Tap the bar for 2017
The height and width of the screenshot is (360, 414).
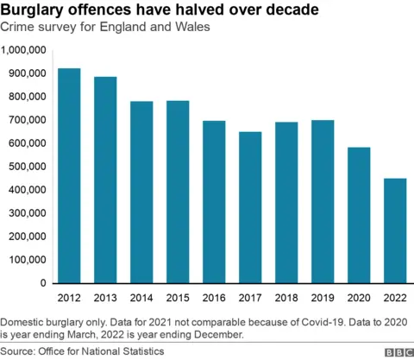point(251,207)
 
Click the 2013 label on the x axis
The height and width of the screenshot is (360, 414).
point(105,298)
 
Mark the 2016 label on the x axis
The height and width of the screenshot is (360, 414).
point(215,298)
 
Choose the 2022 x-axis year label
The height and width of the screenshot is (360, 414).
point(396,298)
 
